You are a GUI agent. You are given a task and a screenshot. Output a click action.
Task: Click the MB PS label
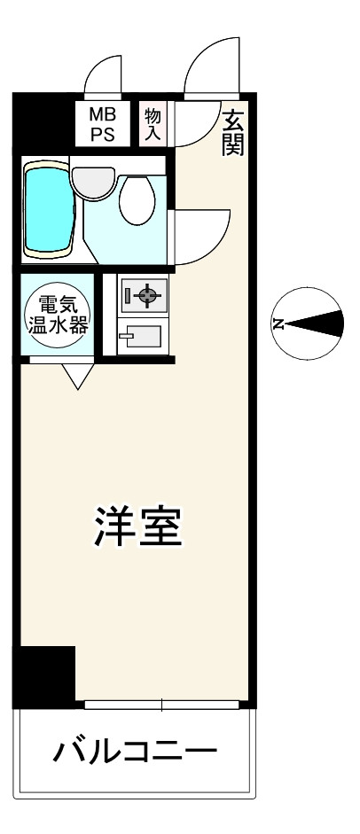pyautogui.click(x=106, y=123)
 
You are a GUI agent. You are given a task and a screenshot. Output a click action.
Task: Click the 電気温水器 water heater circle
pyautogui.click(x=58, y=316)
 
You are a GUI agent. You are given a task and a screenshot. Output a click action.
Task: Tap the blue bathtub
pyautogui.click(x=49, y=208)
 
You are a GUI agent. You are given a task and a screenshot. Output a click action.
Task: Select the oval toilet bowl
pyautogui.click(x=137, y=199)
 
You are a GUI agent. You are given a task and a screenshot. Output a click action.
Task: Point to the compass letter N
pyautogui.click(x=278, y=323)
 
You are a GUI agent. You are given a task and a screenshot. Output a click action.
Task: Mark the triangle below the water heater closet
pyautogui.click(x=77, y=378)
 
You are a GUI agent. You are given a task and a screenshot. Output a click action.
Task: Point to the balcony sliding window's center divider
pyautogui.click(x=162, y=705)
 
